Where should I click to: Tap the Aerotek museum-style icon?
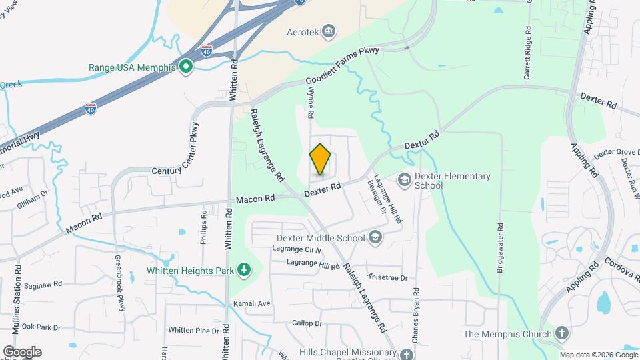click(x=329, y=31)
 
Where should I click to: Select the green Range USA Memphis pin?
click(x=185, y=67)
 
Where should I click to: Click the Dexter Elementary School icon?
click(x=404, y=180)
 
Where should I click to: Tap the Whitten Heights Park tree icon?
click(x=245, y=270)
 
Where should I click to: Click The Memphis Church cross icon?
click(x=562, y=333)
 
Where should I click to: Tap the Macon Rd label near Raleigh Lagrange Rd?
click(x=255, y=199)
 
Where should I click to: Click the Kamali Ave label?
click(x=251, y=303)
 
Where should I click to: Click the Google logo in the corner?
click(x=22, y=351)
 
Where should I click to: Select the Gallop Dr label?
click(x=307, y=323)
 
